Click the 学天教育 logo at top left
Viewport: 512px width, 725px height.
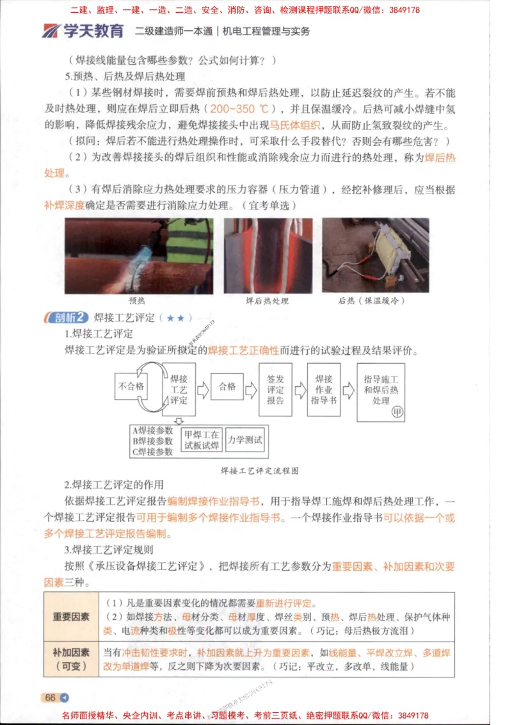click(83, 30)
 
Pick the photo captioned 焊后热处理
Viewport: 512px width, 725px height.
click(268, 256)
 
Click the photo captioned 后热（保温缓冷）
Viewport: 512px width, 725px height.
click(375, 256)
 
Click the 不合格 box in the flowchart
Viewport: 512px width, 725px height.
click(131, 387)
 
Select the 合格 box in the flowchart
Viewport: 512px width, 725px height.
click(227, 387)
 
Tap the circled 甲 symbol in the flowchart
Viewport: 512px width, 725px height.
click(397, 412)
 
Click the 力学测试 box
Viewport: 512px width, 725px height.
click(245, 440)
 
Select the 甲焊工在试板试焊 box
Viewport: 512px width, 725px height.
click(201, 440)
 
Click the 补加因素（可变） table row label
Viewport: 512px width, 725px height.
click(70, 660)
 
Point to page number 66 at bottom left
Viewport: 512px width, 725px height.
click(51, 698)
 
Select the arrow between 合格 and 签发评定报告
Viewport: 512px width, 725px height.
click(251, 387)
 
